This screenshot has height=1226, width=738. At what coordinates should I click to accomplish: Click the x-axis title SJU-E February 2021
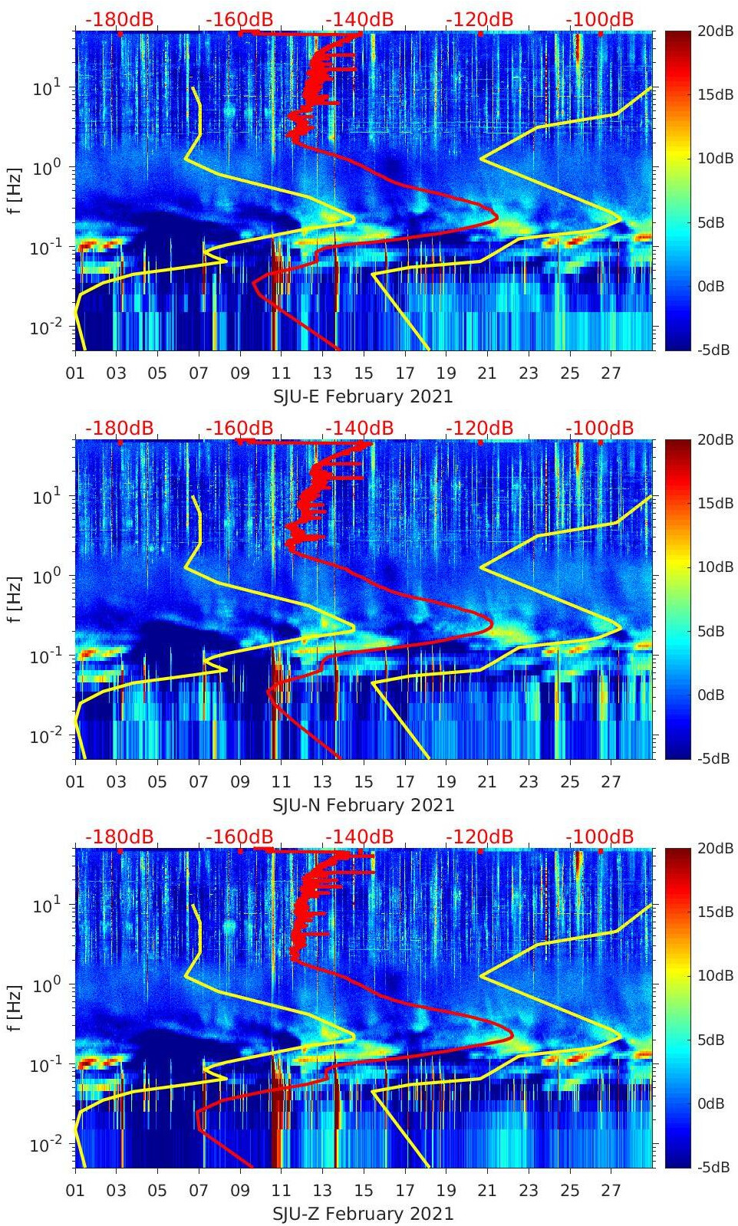pyautogui.click(x=363, y=396)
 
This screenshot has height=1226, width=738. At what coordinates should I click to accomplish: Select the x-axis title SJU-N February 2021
pyautogui.click(x=363, y=805)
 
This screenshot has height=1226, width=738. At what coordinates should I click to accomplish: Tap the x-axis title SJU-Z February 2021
pyautogui.click(x=363, y=1214)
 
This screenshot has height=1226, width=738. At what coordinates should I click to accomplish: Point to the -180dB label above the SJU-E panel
pyautogui.click(x=119, y=19)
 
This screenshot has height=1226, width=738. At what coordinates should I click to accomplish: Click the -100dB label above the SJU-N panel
pyautogui.click(x=600, y=428)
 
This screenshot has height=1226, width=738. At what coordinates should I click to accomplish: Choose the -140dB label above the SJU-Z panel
pyautogui.click(x=359, y=837)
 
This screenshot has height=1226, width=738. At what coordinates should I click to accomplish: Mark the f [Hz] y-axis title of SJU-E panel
pyautogui.click(x=14, y=190)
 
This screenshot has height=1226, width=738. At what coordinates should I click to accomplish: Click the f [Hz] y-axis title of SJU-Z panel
pyautogui.click(x=14, y=1007)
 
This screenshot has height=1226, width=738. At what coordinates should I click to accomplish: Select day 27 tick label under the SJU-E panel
pyautogui.click(x=611, y=373)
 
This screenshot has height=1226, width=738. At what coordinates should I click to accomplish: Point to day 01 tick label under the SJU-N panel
pyautogui.click(x=75, y=782)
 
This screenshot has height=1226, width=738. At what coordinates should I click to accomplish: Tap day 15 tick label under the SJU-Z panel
pyautogui.click(x=364, y=1191)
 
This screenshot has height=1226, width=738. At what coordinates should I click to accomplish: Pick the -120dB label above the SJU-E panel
pyautogui.click(x=479, y=19)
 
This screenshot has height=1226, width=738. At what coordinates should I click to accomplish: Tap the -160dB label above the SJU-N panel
pyautogui.click(x=239, y=428)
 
